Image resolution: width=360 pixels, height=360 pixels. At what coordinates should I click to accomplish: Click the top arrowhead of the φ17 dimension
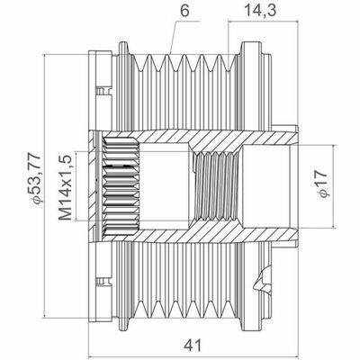tap(337, 139)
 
